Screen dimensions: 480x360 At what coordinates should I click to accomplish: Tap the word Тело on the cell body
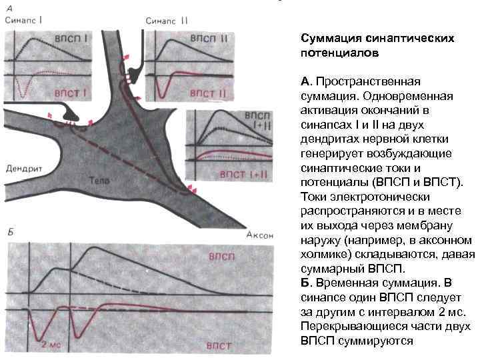coord(101,180)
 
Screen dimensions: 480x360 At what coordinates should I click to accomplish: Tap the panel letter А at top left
coord(9,7)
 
